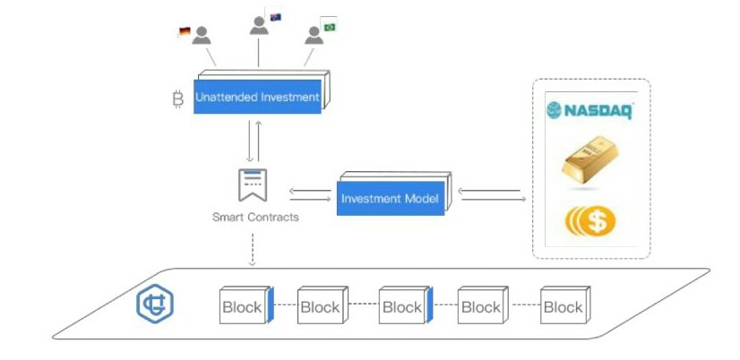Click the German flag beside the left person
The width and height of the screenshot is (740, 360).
(x=184, y=32)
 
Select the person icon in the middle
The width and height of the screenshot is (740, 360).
(x=260, y=25)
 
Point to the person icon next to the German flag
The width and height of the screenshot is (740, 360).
(x=202, y=35)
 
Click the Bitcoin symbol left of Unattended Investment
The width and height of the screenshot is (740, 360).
(x=177, y=99)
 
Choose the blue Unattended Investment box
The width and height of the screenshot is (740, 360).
(x=257, y=97)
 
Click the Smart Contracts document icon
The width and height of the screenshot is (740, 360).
(x=252, y=184)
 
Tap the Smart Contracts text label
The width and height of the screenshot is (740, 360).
(x=255, y=217)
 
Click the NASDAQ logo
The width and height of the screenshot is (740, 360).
(x=591, y=110)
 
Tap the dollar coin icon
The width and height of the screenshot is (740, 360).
(x=590, y=220)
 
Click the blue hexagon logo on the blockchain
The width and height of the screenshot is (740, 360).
(x=154, y=304)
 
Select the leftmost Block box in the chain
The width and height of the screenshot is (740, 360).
(x=242, y=306)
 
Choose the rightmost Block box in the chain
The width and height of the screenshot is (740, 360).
(x=563, y=306)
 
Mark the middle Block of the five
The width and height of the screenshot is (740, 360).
(x=402, y=306)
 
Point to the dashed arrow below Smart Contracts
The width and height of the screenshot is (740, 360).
(x=253, y=248)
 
